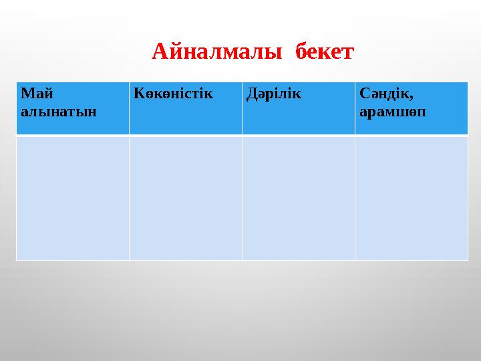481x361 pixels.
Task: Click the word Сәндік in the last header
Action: [x=380, y=93]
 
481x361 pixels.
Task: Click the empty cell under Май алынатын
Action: [x=72, y=198]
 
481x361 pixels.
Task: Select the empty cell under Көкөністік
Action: [x=185, y=198]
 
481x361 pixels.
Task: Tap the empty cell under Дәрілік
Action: [x=298, y=198]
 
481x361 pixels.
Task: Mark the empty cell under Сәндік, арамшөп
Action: [x=411, y=198]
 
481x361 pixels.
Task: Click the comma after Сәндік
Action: [x=404, y=97]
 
